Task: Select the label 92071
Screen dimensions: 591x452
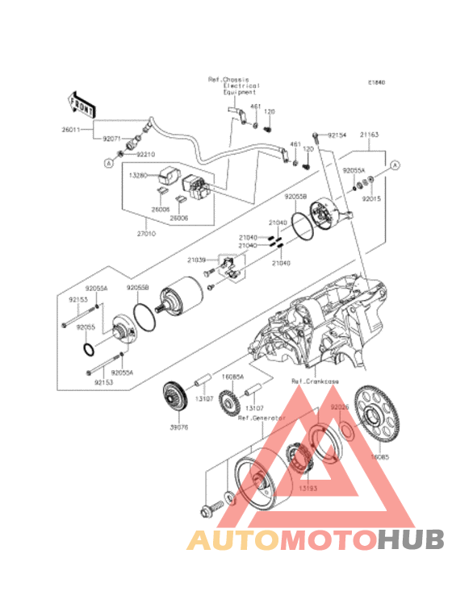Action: coord(112,138)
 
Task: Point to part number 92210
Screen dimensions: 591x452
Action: coord(146,153)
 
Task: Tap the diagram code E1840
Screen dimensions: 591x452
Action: coord(377,83)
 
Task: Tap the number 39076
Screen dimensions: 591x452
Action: coord(178,428)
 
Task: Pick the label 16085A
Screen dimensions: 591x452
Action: coord(233,377)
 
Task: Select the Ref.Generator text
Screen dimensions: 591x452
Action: coord(257,418)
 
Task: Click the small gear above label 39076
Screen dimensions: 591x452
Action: coord(174,398)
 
